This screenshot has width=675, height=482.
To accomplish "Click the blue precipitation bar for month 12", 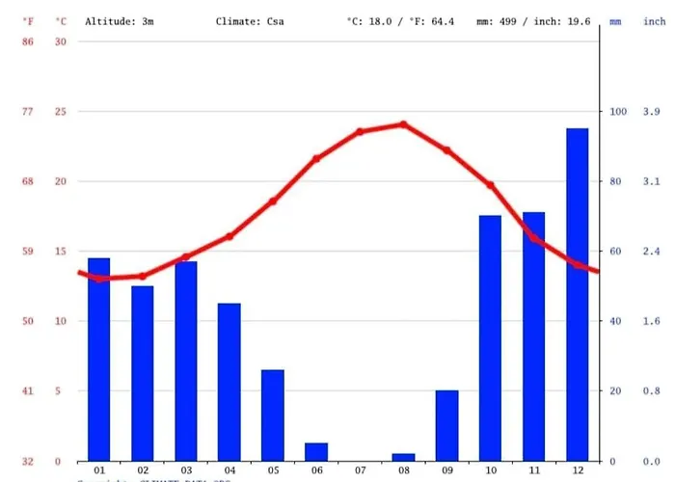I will point(577,294).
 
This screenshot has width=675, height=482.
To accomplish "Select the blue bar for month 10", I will point(490,337).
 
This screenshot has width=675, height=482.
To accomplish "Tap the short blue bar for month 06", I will point(316,451).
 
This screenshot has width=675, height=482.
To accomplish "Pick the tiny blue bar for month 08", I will point(403,457).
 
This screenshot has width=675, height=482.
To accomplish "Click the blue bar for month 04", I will point(229,382).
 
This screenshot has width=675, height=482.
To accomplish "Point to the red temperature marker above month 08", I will point(403,124).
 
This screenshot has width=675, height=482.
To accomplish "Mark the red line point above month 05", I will point(273,201).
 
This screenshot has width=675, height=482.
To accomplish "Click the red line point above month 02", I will point(143,276).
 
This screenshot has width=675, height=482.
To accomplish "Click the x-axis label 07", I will point(360,470).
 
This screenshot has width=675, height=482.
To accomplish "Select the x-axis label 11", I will point(533,470).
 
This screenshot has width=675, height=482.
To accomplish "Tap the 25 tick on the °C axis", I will point(61,112).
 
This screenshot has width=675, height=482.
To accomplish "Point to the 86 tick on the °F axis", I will point(29,41).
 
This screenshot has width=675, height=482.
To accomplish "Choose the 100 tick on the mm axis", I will point(617,112).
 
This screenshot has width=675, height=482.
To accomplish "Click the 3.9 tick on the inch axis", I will point(652,112).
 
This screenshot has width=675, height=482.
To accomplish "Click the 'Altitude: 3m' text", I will point(120,20).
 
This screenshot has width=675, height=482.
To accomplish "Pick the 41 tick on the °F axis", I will point(29,391).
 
